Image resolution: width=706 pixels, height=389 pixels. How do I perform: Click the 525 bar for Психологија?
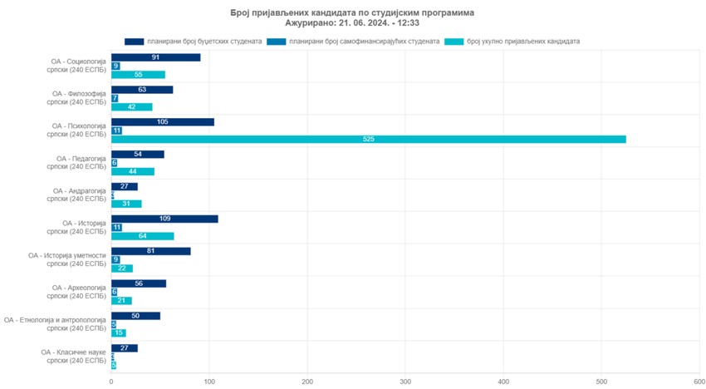click(368, 139)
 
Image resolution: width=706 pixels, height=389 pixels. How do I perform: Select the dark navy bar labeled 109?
click(164, 219)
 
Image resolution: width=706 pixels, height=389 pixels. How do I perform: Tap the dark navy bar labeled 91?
click(155, 57)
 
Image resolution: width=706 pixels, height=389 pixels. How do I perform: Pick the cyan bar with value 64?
click(142, 236)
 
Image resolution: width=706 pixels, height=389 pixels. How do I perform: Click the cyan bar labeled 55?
click(138, 75)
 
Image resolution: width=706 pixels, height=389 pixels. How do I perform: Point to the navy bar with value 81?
click(150, 251)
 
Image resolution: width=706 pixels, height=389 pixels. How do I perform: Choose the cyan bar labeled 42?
click(131, 106)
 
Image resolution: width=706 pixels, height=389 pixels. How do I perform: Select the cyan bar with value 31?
click(126, 204)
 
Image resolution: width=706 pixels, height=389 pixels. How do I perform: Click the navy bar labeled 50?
click(135, 316)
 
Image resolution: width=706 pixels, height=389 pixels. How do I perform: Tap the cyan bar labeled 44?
click(132, 171)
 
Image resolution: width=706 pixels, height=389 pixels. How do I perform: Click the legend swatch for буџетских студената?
click(134, 41)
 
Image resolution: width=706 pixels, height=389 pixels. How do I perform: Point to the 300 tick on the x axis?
click(405, 381)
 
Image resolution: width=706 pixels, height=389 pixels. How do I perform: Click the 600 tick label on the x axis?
click(699, 381)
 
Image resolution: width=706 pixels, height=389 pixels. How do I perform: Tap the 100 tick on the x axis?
click(209, 381)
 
